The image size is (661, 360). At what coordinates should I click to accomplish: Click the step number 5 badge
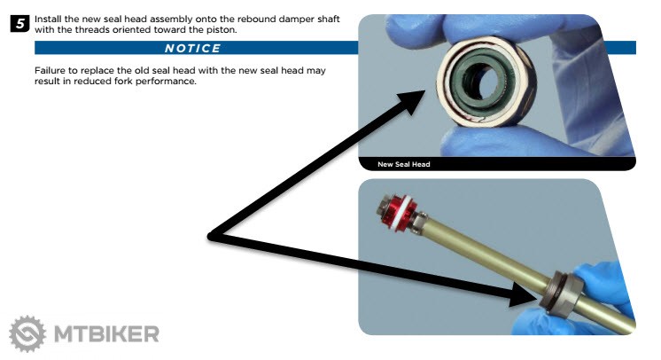(x=19, y=24)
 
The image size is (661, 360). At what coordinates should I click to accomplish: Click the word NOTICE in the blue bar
(x=192, y=48)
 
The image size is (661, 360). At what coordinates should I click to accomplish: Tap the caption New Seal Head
(x=403, y=164)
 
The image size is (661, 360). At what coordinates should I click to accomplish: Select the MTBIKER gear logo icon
(x=27, y=333)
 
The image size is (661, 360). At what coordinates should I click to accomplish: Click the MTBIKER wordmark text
(x=106, y=334)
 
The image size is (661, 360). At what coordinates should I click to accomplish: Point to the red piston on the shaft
(x=399, y=214)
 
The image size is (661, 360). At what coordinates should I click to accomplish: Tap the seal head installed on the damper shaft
(x=561, y=293)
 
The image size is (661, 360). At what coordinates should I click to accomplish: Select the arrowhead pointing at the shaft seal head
(x=524, y=294)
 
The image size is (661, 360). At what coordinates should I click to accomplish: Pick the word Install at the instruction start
(x=48, y=19)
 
